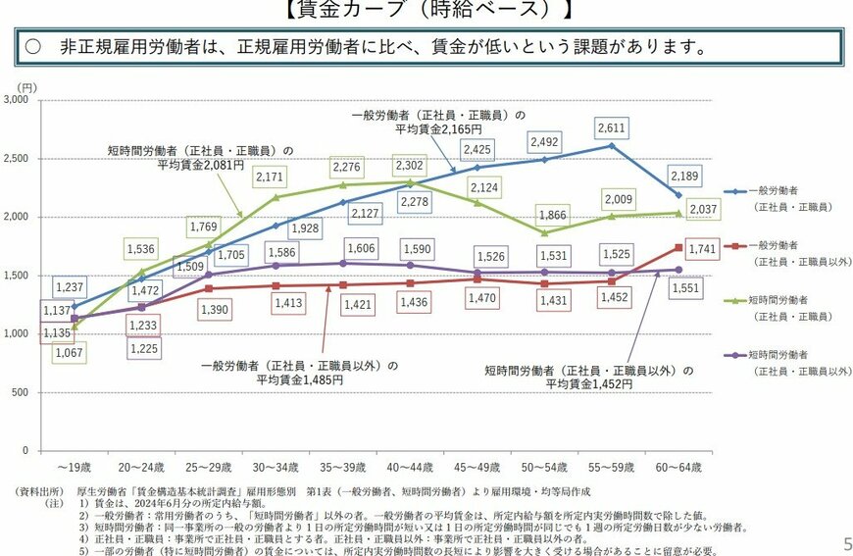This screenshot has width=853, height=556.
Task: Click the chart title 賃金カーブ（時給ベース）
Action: point(428,11)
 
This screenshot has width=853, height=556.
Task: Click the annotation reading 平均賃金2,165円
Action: point(438,128)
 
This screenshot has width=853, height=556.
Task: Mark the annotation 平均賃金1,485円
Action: point(299,379)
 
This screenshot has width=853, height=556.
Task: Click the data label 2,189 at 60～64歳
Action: point(689,176)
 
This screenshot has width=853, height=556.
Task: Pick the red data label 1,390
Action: point(211,309)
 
